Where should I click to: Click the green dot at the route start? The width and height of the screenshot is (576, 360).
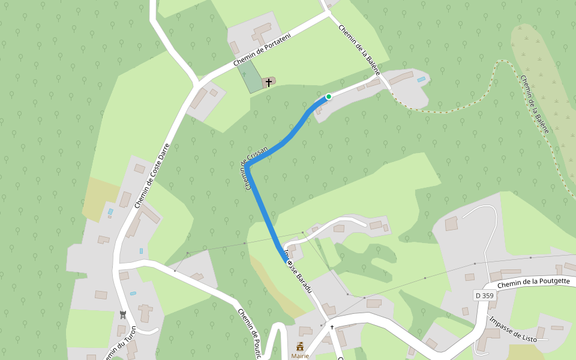329,96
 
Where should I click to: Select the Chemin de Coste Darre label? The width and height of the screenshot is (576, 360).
152,175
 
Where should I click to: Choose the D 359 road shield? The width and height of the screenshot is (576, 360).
485,295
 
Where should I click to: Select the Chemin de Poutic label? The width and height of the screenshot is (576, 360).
248,334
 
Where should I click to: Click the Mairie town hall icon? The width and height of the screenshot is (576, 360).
300,346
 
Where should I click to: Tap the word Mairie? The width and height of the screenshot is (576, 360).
300,356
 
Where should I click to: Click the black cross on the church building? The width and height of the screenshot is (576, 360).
268,82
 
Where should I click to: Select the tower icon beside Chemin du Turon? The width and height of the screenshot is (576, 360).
122,314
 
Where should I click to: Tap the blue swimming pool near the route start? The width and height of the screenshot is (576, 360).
421,79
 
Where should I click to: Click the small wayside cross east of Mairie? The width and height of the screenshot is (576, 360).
332,327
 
